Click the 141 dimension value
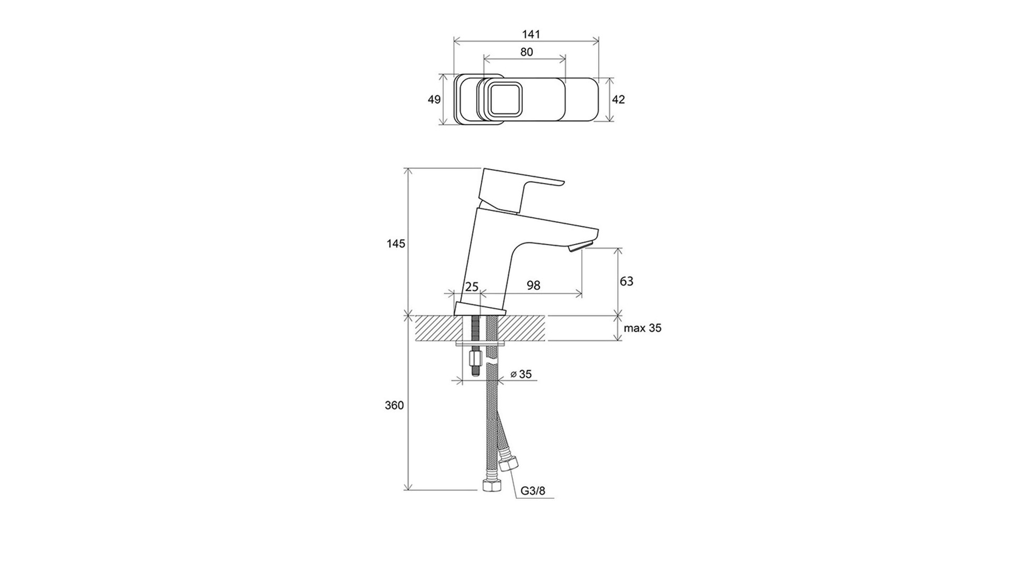pyautogui.click(x=531, y=34)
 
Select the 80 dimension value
pyautogui.click(x=526, y=52)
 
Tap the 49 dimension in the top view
pyautogui.click(x=434, y=99)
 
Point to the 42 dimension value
pyautogui.click(x=618, y=99)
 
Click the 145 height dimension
pyautogui.click(x=395, y=243)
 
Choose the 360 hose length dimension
pyautogui.click(x=394, y=405)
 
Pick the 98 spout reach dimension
pyautogui.click(x=533, y=286)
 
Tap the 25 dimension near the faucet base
pyautogui.click(x=472, y=287)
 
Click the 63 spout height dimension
pyautogui.click(x=627, y=281)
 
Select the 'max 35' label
pyautogui.click(x=643, y=328)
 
